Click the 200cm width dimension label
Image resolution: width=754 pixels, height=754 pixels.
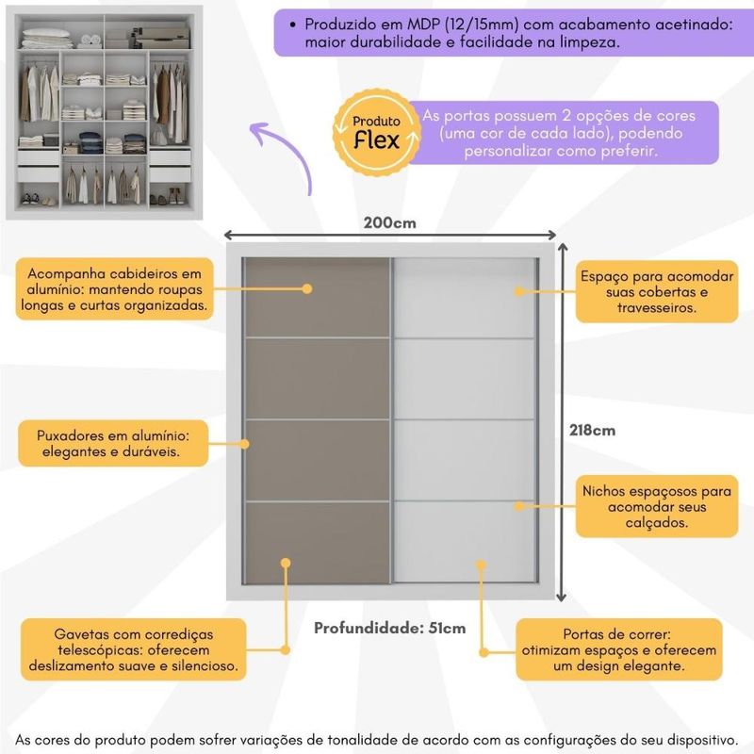click(x=389, y=223)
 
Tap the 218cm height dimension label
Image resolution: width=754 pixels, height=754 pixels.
click(x=592, y=430)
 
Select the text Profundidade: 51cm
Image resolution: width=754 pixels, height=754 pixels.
click(x=389, y=628)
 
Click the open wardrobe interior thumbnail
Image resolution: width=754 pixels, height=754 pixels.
click(x=105, y=112)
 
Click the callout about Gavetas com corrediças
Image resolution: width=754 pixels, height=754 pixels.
click(x=134, y=648)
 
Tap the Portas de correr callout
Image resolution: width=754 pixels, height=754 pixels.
click(x=618, y=649)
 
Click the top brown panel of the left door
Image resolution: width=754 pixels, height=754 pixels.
click(x=318, y=296)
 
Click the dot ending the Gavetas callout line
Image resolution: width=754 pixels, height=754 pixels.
click(x=286, y=562)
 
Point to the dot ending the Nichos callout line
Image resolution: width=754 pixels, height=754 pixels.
click(x=517, y=506)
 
